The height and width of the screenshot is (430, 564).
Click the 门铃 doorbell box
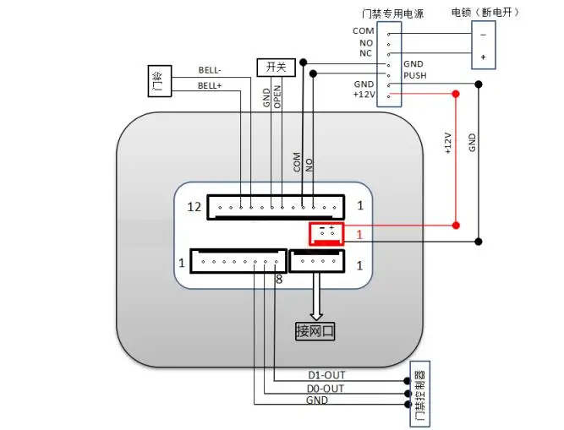point(159,82)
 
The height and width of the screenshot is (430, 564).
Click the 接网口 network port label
point(315,330)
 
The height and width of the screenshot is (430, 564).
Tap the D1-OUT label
point(326,375)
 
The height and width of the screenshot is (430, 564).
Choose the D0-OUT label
point(326,388)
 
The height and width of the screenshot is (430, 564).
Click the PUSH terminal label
point(415,75)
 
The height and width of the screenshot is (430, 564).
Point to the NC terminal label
point(365,52)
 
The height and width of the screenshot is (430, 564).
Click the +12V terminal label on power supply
point(364,95)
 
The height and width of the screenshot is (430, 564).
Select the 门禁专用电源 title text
point(392,14)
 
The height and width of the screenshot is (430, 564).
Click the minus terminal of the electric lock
point(483,35)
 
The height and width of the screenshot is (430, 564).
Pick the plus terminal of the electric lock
point(483,57)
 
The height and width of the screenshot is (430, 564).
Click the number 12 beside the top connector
point(194,206)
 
